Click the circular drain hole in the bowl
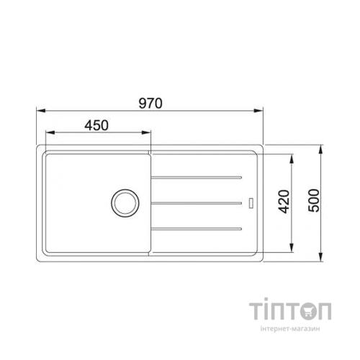[124, 202]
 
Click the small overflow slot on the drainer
[251, 202]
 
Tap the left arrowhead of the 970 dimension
[40, 110]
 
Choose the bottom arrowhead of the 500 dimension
[320, 256]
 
